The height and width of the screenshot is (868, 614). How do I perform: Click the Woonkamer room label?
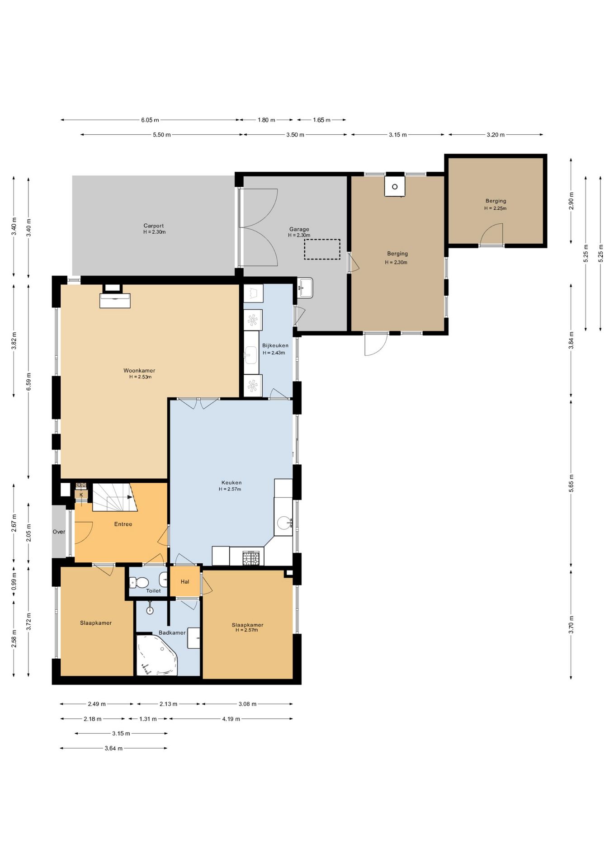[139, 371]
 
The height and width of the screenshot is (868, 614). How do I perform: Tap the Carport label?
[154, 226]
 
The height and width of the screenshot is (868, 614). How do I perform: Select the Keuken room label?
[231, 483]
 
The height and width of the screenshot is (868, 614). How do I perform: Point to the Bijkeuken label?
[275, 345]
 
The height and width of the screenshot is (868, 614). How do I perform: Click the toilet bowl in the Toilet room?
[139, 582]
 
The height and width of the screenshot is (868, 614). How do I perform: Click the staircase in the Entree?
[112, 497]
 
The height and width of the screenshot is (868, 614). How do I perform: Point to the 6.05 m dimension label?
[150, 120]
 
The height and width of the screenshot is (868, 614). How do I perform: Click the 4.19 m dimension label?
[231, 719]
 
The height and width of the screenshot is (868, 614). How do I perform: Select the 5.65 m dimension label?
[571, 483]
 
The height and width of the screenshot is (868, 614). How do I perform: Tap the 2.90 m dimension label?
[571, 201]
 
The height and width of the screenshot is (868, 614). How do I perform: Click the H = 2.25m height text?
[496, 208]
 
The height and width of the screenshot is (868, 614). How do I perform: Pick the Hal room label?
[185, 582]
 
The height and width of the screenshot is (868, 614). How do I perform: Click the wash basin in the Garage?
[305, 288]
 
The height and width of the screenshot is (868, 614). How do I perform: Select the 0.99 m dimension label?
[14, 582]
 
